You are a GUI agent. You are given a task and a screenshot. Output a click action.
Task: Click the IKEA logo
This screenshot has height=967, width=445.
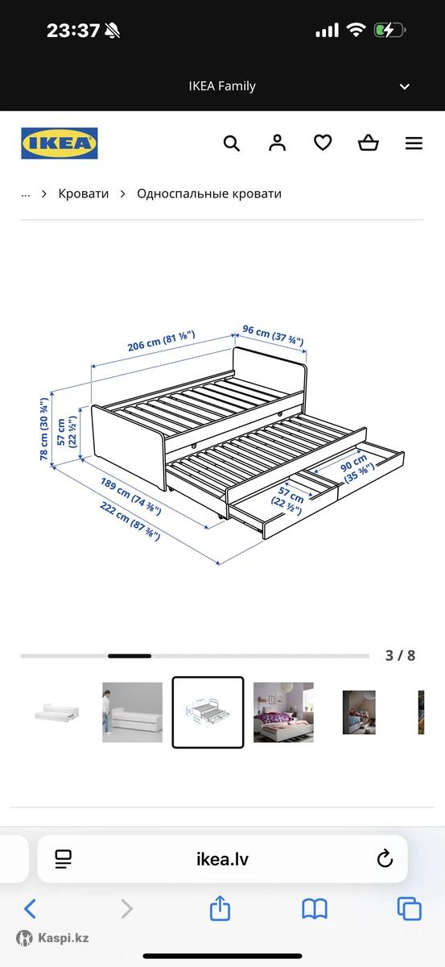click(60, 143)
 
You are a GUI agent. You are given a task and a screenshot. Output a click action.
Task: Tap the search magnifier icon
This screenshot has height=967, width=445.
click(232, 143)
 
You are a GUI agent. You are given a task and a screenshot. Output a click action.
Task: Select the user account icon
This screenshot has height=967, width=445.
click(278, 143)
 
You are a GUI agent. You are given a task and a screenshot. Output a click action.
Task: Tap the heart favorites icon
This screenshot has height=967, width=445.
click(323, 143)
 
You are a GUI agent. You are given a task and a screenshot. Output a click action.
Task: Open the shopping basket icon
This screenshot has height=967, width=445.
click(369, 143)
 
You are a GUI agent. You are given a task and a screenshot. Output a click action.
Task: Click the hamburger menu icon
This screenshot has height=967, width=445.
click(414, 143)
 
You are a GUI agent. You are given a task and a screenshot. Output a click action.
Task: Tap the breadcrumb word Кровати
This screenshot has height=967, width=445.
click(84, 194)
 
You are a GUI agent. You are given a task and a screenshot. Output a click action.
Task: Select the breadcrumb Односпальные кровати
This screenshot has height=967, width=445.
click(209, 194)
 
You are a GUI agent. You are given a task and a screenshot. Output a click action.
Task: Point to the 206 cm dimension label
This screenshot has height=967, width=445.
click(161, 341)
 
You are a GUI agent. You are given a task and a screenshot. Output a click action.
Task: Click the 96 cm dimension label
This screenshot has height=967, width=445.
click(273, 335)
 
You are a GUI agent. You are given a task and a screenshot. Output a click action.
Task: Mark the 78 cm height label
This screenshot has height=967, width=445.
click(44, 429)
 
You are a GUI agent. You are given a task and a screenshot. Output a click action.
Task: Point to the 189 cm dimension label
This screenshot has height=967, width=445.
click(130, 496)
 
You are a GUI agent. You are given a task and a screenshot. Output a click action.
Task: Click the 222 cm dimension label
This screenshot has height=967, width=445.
click(130, 521)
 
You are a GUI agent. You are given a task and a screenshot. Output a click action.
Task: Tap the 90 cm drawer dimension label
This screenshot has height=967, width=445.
click(357, 468)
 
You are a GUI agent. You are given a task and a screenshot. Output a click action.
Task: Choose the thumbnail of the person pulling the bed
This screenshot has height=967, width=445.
click(133, 712)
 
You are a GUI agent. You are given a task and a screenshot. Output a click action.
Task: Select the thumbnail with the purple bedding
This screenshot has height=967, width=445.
click(283, 712)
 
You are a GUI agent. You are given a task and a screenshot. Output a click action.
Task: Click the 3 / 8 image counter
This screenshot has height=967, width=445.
click(400, 656)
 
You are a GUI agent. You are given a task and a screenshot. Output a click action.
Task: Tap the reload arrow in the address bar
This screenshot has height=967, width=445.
click(385, 859)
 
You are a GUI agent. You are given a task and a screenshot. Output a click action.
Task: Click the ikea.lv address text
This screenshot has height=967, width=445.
click(222, 859)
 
